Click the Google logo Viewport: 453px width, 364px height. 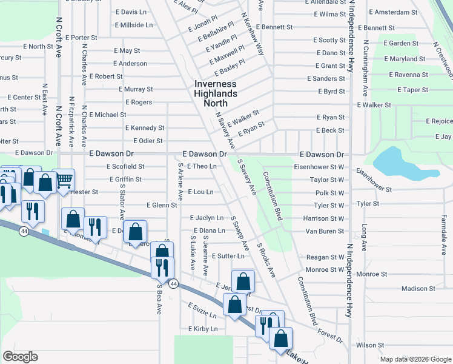pyautogui.click(x=20, y=357)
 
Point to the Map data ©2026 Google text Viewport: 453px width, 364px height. pyautogui.click(x=415, y=359)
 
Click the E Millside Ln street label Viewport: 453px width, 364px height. pyautogui.click(x=133, y=25)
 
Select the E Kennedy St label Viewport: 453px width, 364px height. pyautogui.click(x=145, y=128)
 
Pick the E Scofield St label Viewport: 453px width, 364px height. pyautogui.click(x=125, y=166)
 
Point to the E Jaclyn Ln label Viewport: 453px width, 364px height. pyautogui.click(x=207, y=218)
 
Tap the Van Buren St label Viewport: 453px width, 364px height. pyautogui.click(x=325, y=231)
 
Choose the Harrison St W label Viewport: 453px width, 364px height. pyautogui.click(x=323, y=218)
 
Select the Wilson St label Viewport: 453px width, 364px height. pyautogui.click(x=370, y=345)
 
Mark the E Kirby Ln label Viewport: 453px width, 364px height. pyautogui.click(x=202, y=329)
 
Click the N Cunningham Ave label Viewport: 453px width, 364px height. pyautogui.click(x=365, y=72)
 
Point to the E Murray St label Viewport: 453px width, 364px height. pyautogui.click(x=136, y=89)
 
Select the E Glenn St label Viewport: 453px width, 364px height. pyautogui.click(x=156, y=205)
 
